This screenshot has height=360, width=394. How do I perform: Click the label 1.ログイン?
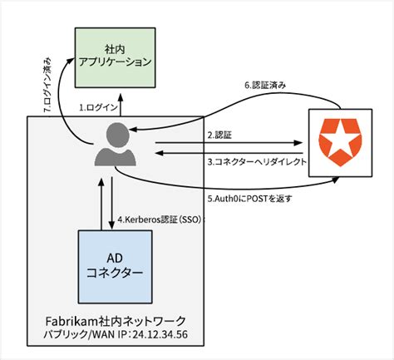pyautogui.click(x=97, y=107)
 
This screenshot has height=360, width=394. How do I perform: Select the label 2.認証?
pyautogui.click(x=221, y=135)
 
